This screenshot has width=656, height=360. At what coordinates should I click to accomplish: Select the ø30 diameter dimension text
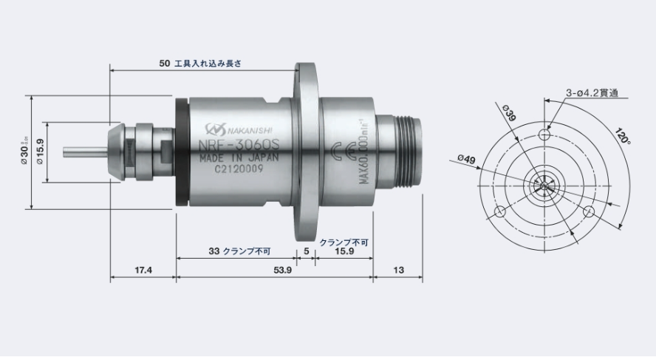tap(24, 151)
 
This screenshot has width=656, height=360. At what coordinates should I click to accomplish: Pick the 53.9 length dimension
tap(283, 271)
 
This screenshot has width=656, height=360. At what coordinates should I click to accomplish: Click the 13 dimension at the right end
tap(398, 271)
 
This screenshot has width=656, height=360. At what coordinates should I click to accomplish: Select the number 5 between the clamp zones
tap(306, 251)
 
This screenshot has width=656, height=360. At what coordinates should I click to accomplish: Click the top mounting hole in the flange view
tap(544, 134)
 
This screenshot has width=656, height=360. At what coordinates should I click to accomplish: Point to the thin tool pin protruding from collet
tap(82, 152)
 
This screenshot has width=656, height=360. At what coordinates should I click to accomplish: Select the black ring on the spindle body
tap(180, 152)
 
